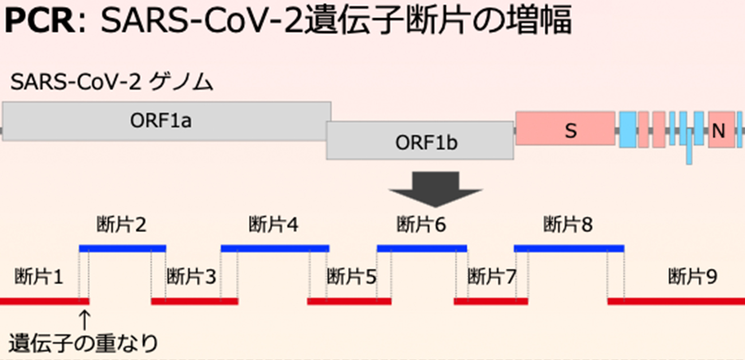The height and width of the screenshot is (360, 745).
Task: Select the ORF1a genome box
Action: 166,121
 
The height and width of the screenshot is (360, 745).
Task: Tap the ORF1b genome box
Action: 419,141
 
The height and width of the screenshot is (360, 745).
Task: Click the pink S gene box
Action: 565,128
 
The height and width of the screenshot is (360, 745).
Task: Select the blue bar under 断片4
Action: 275,248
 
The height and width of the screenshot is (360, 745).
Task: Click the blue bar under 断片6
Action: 422,248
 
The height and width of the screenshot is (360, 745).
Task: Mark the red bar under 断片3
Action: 195,301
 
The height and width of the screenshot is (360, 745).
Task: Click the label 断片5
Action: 352,277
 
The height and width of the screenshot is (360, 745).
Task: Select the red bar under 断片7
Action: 491,301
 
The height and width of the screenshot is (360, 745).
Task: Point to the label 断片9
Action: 692,277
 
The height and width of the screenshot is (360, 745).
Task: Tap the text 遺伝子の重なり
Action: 83,343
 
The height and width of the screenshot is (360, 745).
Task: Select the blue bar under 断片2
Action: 123,248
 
